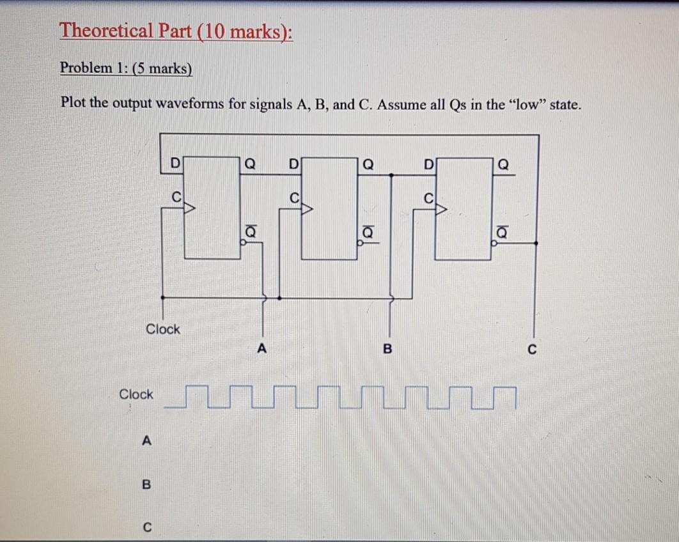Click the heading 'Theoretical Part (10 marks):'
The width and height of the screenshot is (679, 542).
[x=176, y=31]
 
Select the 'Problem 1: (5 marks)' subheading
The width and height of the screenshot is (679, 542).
[x=126, y=68]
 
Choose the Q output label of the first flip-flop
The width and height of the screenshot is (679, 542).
[x=251, y=165]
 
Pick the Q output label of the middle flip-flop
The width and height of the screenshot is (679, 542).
[x=368, y=165]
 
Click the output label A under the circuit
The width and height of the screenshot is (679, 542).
[x=260, y=349]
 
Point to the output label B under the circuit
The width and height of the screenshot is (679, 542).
[x=386, y=349]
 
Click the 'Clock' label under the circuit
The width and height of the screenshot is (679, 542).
[x=163, y=329]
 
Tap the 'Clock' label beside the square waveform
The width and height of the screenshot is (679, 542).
[x=136, y=394]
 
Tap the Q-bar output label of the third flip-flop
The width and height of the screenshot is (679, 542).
[x=502, y=235]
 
